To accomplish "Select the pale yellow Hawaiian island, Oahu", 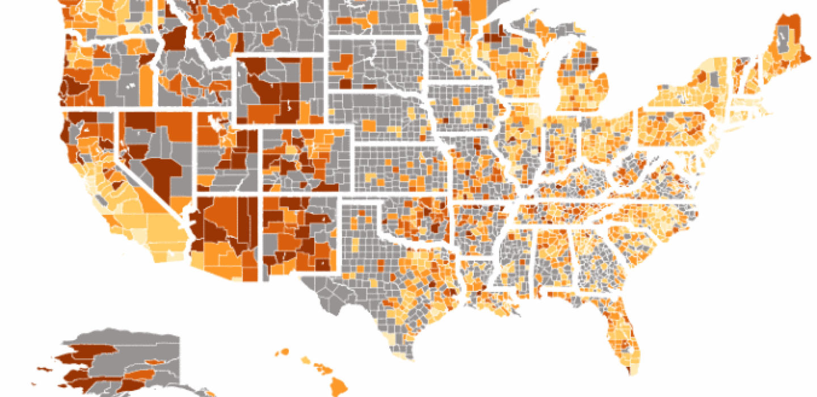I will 305,360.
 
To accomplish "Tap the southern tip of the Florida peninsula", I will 629,369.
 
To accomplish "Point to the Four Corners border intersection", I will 262,196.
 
